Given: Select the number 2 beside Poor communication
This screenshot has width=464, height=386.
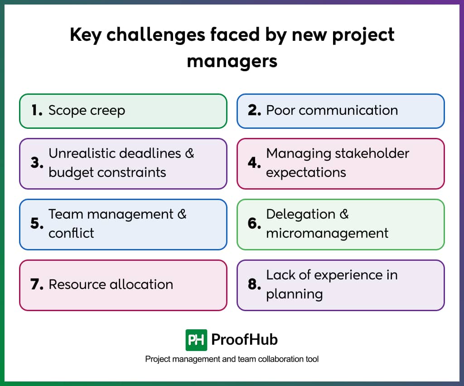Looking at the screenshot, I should (254, 110).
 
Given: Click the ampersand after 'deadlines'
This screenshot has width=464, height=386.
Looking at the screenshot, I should (189, 153).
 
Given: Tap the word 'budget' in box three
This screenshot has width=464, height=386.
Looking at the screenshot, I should (69, 172).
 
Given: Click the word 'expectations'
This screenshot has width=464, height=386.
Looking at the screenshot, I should (306, 173).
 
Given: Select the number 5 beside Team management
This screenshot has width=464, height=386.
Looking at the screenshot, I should (37, 224).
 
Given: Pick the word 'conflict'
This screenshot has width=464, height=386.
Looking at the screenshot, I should (71, 233).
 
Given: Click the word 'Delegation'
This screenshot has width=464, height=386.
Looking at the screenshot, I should (301, 214).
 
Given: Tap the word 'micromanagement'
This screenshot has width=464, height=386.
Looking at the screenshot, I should (327, 233).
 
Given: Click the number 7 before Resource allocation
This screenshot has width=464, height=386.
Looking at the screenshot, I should (37, 284).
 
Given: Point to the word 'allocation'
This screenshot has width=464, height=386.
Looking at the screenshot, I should (141, 284).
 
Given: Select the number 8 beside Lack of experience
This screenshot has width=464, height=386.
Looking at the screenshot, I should (254, 284).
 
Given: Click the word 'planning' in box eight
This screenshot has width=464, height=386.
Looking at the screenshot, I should (294, 294).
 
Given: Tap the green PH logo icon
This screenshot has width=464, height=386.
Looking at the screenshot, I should (196, 340).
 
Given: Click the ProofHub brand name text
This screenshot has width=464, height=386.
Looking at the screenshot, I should (245, 339).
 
